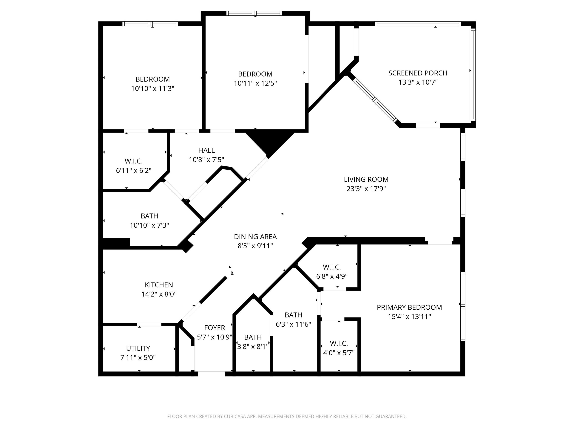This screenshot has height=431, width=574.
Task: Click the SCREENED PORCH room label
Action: pyautogui.click(x=418, y=73)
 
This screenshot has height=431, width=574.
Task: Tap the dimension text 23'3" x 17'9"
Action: pyautogui.click(x=366, y=189)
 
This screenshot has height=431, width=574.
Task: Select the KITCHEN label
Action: pyautogui.click(x=159, y=285)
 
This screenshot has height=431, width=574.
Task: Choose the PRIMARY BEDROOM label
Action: pyautogui.click(x=409, y=307)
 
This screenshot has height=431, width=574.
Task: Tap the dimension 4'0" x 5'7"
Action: pyautogui.click(x=339, y=353)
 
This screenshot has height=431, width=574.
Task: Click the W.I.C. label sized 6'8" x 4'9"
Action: pyautogui.click(x=332, y=267)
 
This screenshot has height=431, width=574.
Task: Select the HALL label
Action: pyautogui.click(x=206, y=150)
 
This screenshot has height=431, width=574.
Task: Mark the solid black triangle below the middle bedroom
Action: pyautogui.click(x=270, y=142)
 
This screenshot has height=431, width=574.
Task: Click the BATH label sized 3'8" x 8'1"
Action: pyautogui.click(x=253, y=337)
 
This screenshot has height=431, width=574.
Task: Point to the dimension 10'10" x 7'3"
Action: pyautogui.click(x=149, y=225)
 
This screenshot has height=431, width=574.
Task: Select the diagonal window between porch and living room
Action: pyautogui.click(x=375, y=100)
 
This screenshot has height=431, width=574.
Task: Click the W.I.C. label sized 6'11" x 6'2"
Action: pyautogui.click(x=133, y=161)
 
